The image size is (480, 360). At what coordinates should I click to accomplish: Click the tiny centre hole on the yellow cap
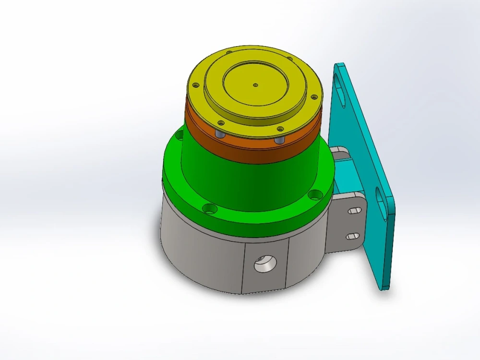[x=255, y=85]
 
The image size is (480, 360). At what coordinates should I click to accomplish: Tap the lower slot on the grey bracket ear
[x=353, y=236]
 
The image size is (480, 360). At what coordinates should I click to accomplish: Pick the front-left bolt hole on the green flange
[x=207, y=209]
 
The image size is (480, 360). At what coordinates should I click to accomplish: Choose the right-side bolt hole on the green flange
[x=315, y=194]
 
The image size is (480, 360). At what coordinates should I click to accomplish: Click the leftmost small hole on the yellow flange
[x=195, y=85]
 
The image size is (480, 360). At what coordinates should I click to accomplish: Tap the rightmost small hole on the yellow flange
[x=314, y=97]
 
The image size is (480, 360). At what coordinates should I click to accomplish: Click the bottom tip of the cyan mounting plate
[x=384, y=286]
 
